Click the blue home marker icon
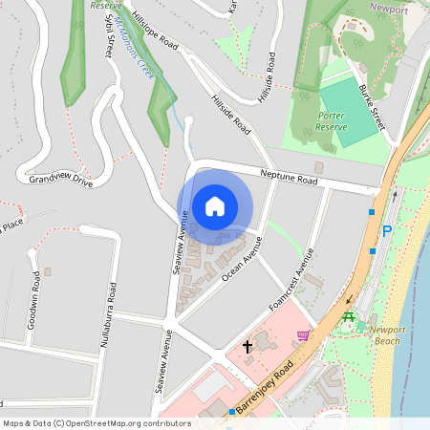click(214, 205)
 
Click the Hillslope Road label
click(156, 31)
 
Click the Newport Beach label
click(387, 335)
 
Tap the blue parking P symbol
click(387, 230)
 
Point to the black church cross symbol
click(247, 345)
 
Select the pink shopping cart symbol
click(304, 334)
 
